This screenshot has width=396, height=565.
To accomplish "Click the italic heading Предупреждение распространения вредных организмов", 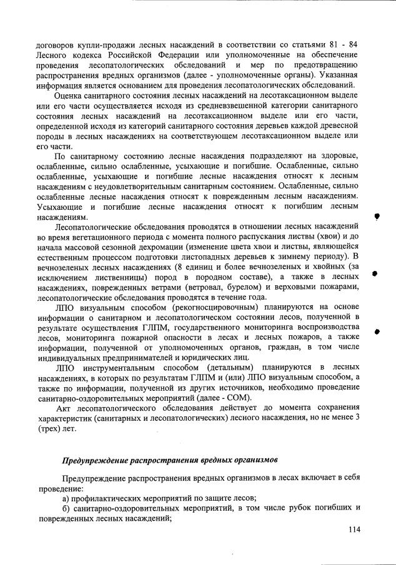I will pos(169,461).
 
